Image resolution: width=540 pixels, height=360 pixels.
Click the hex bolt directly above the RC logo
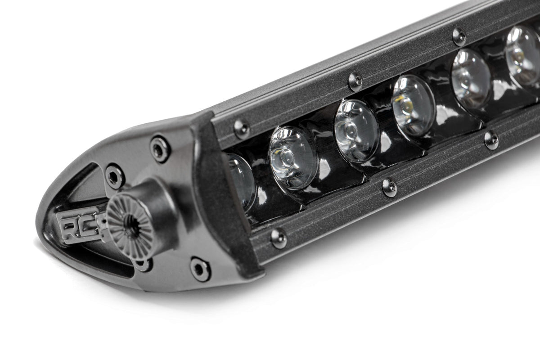tap(114, 175)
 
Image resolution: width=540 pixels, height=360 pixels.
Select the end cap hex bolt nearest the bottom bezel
tap(200, 269)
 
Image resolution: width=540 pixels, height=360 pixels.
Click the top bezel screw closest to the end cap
tap(242, 129)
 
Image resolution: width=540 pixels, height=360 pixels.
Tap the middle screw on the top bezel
tap(355, 81)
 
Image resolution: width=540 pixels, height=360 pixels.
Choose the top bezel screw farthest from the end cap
tap(459, 36)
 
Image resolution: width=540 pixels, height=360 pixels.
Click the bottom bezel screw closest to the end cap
tap(279, 238)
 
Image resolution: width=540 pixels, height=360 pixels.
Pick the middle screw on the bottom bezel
tap(390, 187)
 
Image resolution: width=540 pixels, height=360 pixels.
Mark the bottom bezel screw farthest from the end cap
tap(491, 140)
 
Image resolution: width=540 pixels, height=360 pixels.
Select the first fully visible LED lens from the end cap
tap(293, 157)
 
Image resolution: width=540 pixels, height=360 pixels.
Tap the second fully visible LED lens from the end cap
tap(356, 130)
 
